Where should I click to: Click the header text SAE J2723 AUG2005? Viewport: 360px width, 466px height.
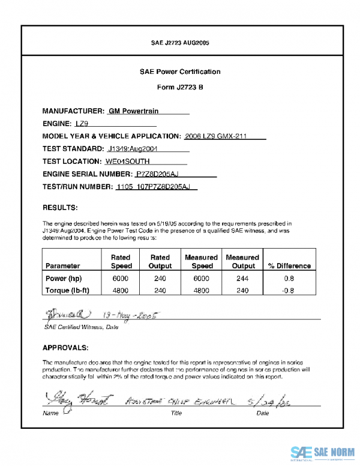pyautogui.click(x=180, y=43)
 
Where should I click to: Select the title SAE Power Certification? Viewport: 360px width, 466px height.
pyautogui.click(x=180, y=71)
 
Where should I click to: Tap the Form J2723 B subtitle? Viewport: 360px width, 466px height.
pyautogui.click(x=180, y=87)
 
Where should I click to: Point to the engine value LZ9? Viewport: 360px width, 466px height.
pyautogui.click(x=82, y=124)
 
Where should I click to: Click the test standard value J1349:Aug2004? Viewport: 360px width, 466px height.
pyautogui.click(x=133, y=148)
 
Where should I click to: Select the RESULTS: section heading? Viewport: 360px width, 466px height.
pyautogui.click(x=60, y=208)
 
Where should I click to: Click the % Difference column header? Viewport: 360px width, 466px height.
pyautogui.click(x=289, y=265)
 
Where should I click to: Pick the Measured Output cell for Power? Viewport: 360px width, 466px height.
pyautogui.click(x=243, y=279)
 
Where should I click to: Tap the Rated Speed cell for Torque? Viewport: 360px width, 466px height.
pyautogui.click(x=121, y=291)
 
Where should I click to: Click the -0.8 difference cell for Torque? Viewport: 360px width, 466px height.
pyautogui.click(x=289, y=291)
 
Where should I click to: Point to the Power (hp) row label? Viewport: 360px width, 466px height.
pyautogui.click(x=64, y=279)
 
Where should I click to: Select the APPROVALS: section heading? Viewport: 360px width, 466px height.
pyautogui.click(x=65, y=348)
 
